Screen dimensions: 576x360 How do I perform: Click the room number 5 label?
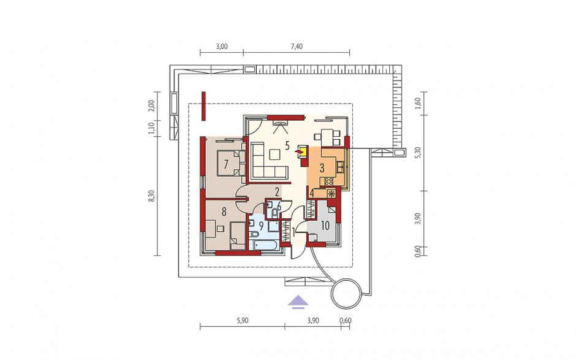pos(287,145)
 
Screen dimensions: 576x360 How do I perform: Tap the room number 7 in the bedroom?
pos(226,163)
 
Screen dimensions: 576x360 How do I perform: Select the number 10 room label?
pos(325,226)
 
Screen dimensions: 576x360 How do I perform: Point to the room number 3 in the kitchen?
pos(322,168)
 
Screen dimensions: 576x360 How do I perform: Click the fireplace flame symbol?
pos(300,150)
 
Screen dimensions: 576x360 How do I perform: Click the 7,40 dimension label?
pos(297,47)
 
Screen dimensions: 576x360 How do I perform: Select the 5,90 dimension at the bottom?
pos(243,321)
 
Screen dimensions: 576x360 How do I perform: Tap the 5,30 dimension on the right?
pos(417,153)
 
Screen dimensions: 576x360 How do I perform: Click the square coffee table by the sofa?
pos(275,154)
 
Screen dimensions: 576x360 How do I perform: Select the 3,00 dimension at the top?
pos(221,47)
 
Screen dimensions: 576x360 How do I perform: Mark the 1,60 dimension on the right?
pos(417,103)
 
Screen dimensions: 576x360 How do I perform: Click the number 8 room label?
pos(224,212)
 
